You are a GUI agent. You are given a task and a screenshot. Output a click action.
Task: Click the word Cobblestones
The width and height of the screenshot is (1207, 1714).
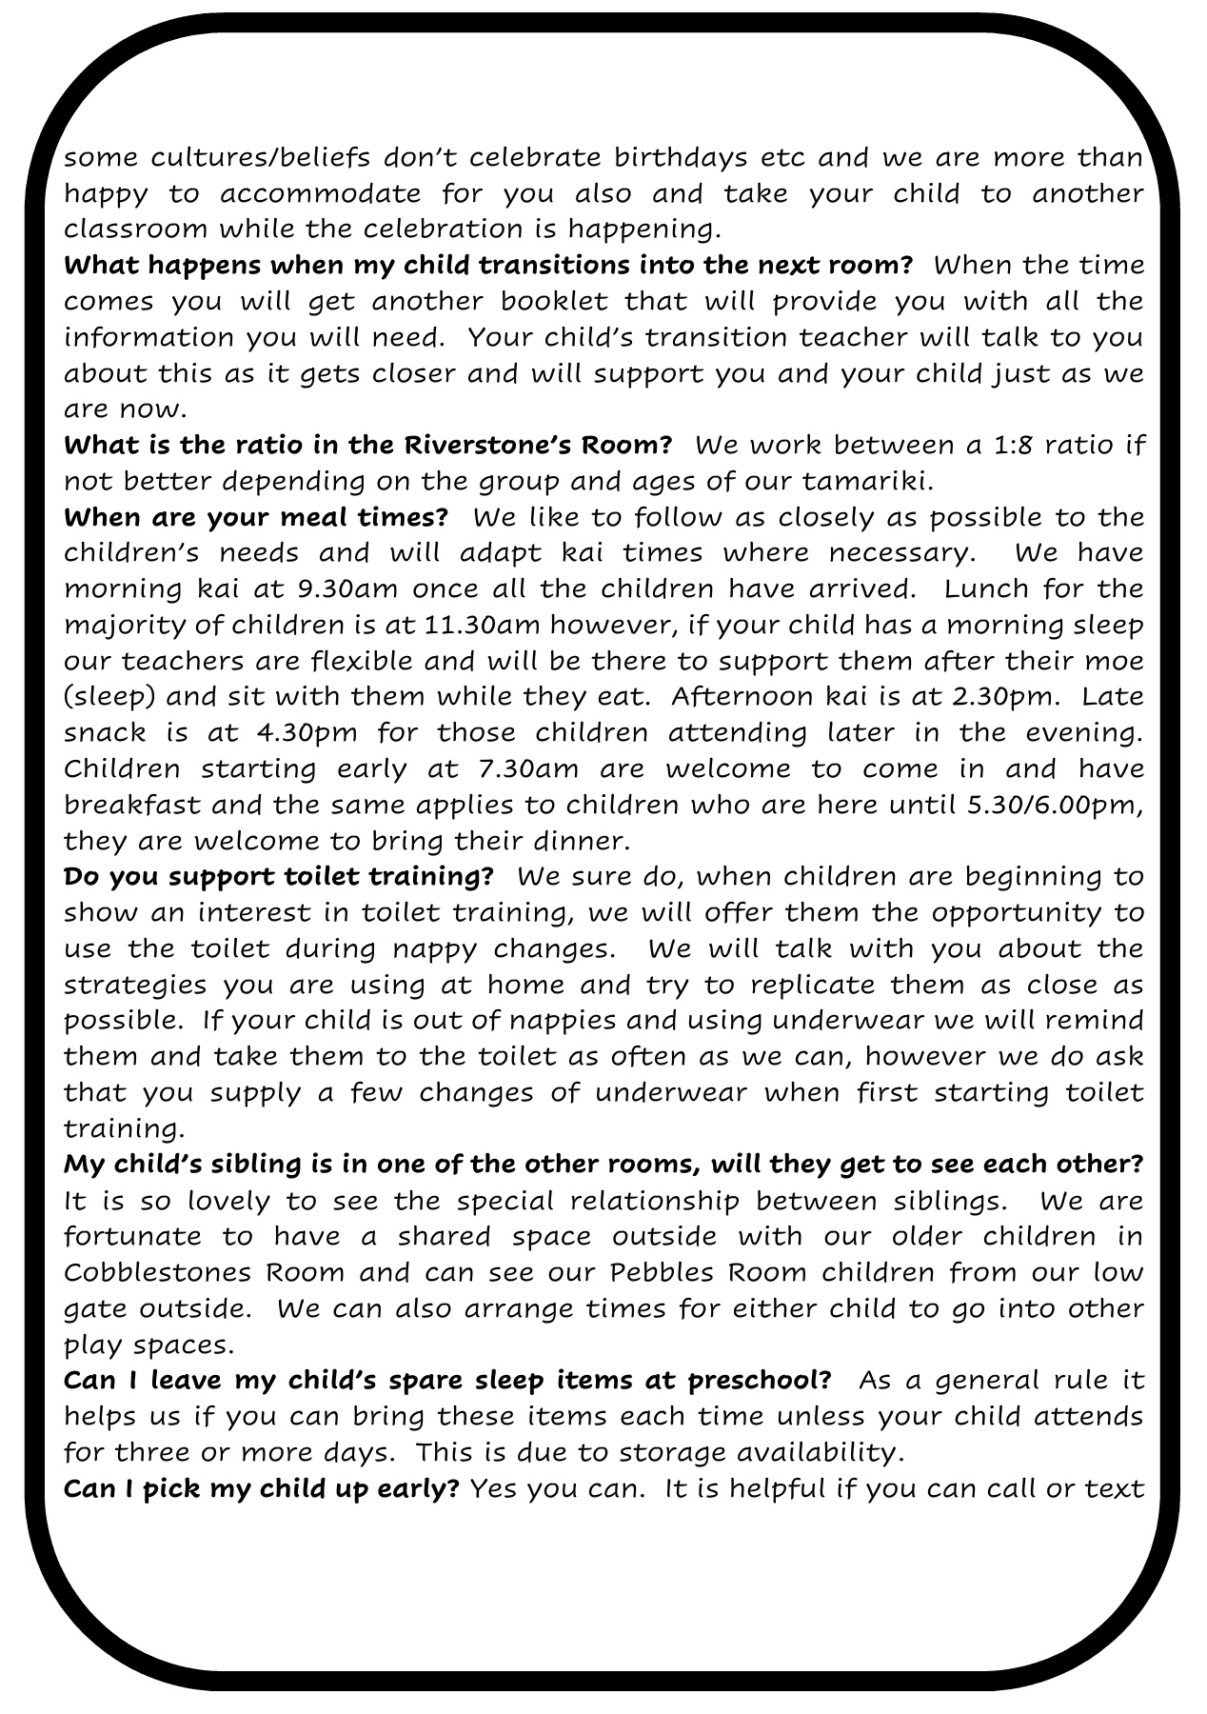pyautogui.click(x=156, y=1272)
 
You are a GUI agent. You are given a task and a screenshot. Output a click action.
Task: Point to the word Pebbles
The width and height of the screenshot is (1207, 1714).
pyautogui.click(x=663, y=1272)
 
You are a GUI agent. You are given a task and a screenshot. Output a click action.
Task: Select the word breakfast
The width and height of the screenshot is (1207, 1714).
pyautogui.click(x=132, y=805)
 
